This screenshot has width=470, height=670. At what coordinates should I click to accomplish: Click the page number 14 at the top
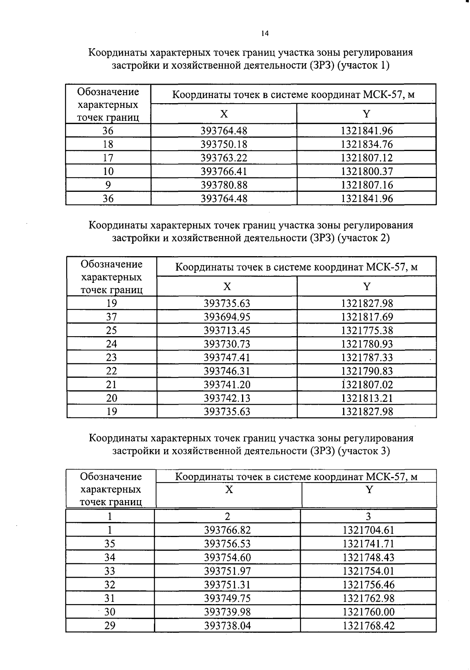(x=265, y=33)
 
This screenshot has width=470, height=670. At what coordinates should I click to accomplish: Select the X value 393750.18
(x=224, y=144)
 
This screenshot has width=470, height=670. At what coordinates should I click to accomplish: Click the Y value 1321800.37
(x=367, y=171)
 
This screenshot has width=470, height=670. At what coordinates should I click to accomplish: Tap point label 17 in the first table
(x=108, y=158)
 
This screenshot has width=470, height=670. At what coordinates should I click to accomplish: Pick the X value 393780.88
(x=224, y=185)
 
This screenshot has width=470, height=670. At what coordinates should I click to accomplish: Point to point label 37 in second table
(x=112, y=317)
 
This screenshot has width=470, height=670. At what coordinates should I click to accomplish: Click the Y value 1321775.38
(x=367, y=330)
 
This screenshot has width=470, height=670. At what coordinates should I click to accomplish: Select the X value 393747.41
(x=227, y=357)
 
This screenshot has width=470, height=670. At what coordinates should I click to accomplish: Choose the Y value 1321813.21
(x=367, y=398)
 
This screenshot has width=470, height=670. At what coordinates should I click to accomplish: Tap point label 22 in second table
(x=112, y=371)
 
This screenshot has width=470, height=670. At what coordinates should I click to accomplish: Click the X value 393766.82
(x=227, y=530)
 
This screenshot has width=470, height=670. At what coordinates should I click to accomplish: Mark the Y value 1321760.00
(x=369, y=612)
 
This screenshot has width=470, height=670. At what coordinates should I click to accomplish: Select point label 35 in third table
(x=110, y=544)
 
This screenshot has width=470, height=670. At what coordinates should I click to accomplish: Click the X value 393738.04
(x=227, y=626)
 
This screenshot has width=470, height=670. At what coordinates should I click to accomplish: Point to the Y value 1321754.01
(x=369, y=571)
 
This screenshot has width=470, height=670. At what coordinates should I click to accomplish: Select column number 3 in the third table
(x=368, y=517)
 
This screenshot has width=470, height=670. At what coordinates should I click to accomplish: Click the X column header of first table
(x=224, y=114)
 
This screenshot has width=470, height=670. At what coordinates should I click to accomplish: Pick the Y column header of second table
(x=367, y=286)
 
